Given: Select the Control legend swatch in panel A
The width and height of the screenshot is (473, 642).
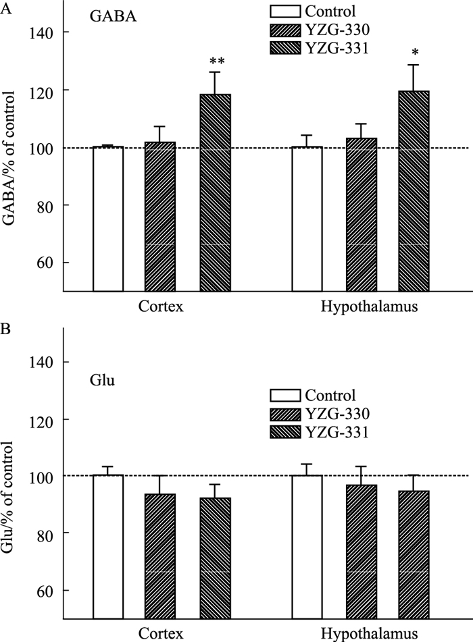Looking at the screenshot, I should point(284,11).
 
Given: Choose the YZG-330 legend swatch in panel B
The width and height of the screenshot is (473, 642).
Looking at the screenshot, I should point(284,413).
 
